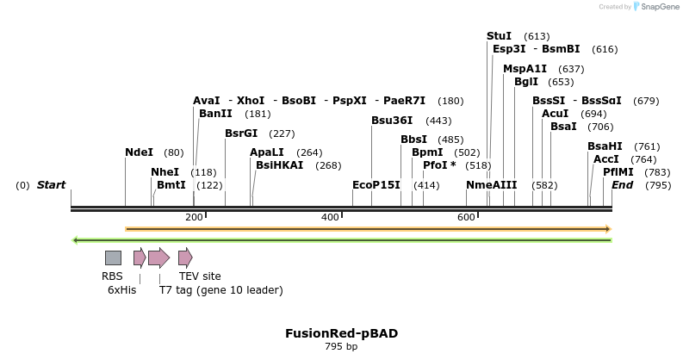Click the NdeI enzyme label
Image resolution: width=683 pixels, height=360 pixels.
coord(139,152)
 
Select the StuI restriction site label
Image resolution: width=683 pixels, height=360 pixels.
coord(499,36)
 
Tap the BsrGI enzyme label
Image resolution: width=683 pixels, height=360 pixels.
coord(241,133)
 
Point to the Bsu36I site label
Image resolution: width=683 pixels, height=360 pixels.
coord(392,121)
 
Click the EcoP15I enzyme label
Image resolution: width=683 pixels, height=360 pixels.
coord(376,185)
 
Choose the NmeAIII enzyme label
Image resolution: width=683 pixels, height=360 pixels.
coord(491,185)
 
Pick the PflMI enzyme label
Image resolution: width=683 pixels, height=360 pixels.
coord(618,172)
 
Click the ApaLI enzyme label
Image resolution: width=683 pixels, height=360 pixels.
coord(267,152)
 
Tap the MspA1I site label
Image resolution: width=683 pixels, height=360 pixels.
coord(525,69)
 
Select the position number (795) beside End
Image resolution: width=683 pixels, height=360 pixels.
coord(658,185)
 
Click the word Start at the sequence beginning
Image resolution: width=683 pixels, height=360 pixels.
coord(51,185)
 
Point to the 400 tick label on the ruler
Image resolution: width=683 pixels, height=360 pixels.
coord(330,218)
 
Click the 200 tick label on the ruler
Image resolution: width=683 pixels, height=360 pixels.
coord(194,218)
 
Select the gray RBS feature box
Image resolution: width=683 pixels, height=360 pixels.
coord(113,258)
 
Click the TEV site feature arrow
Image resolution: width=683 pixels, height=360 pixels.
coord(185,258)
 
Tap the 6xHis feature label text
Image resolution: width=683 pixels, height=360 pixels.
coord(121,290)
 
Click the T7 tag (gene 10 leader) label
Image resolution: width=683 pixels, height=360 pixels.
coord(220,290)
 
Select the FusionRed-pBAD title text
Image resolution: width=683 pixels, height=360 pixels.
coord(341,333)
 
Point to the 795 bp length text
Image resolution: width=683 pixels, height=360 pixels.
coord(341,347)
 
